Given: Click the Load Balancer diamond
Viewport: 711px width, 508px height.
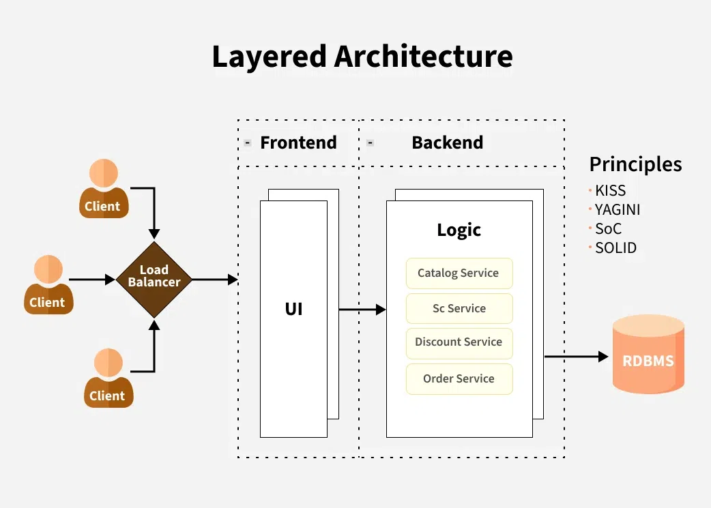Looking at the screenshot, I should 154,280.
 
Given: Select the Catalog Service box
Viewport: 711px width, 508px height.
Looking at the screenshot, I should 459,273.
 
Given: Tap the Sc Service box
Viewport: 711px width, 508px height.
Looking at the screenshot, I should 459,308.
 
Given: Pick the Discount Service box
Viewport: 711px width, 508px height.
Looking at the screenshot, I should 459,342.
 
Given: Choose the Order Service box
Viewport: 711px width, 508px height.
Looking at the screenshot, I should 459,378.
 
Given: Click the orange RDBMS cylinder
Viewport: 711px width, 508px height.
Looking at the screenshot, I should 648,355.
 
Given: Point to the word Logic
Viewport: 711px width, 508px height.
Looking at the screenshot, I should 459,230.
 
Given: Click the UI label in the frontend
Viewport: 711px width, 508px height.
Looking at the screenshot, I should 293,309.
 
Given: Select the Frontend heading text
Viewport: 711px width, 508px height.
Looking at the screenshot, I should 298,143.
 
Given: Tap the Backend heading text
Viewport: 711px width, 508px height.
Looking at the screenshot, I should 447,143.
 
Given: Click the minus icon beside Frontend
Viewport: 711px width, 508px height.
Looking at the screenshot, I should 248,143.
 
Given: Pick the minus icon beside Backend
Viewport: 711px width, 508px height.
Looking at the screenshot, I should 370,143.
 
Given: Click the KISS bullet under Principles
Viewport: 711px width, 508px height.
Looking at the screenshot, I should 610,190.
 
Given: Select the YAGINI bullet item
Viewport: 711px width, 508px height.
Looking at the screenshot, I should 618,209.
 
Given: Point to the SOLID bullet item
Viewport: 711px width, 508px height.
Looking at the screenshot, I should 615,248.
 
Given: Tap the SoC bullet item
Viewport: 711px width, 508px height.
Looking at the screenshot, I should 608,228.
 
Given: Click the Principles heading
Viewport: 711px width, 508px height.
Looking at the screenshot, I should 635,164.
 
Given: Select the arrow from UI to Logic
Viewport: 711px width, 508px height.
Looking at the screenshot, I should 362,310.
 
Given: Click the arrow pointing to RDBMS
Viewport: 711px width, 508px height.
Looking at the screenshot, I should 576,356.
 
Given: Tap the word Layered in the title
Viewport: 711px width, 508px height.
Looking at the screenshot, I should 269,56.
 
